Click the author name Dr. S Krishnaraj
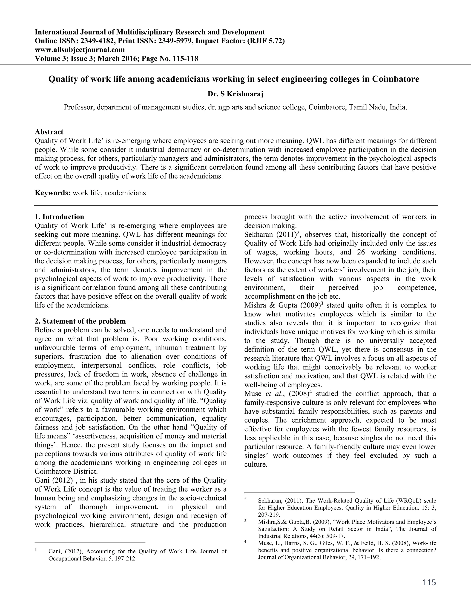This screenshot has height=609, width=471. point(235,94)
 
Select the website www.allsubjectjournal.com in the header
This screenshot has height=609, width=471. point(80,50)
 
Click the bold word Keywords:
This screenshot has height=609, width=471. point(52,193)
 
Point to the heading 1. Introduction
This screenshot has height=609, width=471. point(59,217)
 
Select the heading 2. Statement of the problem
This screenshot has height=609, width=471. point(80,321)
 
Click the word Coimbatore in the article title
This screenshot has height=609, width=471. point(395,79)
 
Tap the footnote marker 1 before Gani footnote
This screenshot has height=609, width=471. point(36,550)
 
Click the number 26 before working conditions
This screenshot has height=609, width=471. point(362,252)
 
